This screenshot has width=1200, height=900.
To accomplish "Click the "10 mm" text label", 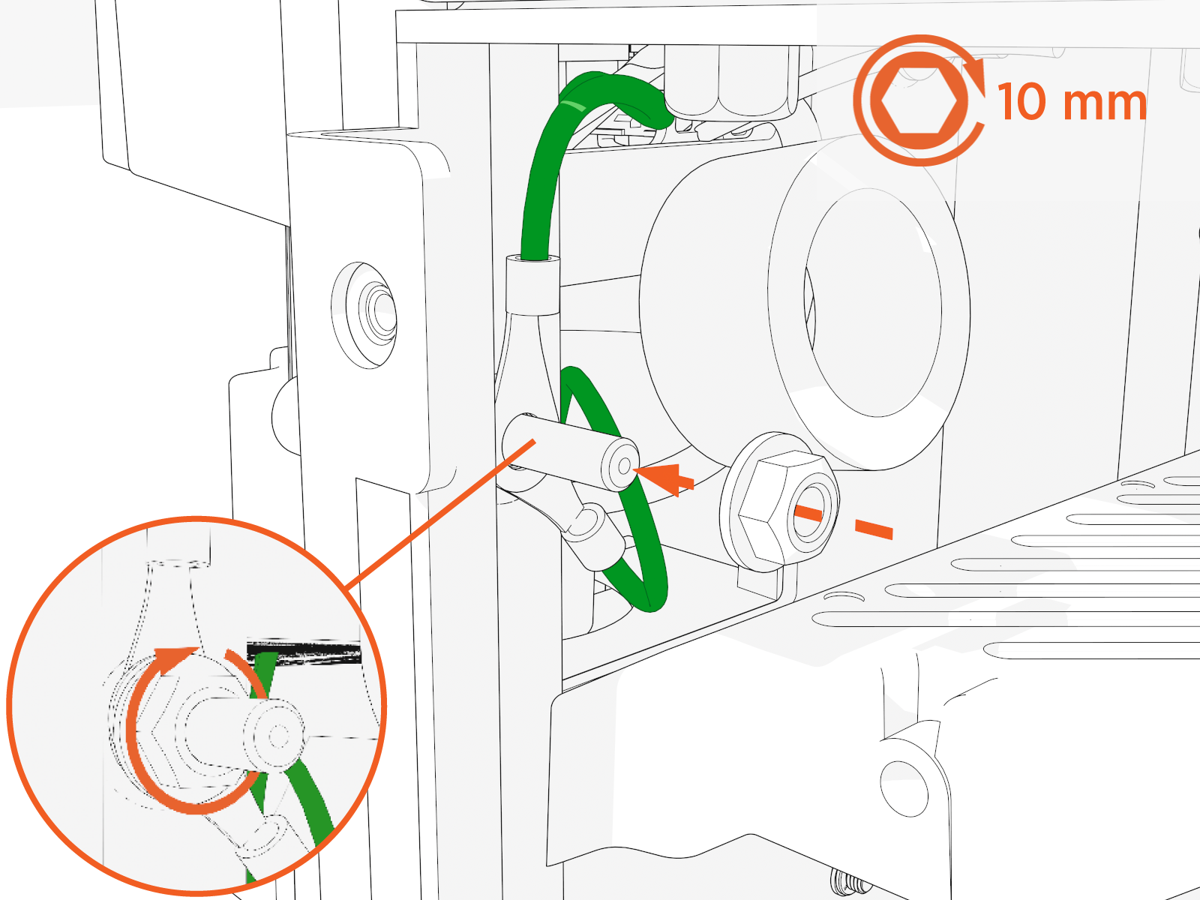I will pos(1071,102).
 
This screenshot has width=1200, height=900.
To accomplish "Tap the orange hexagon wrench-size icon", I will pos(919,100).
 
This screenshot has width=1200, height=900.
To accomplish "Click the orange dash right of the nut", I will pos(874,529).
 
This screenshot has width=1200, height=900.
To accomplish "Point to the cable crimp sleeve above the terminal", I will pos(533,285).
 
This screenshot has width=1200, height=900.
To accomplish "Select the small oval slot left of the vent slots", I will pos(844,597).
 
